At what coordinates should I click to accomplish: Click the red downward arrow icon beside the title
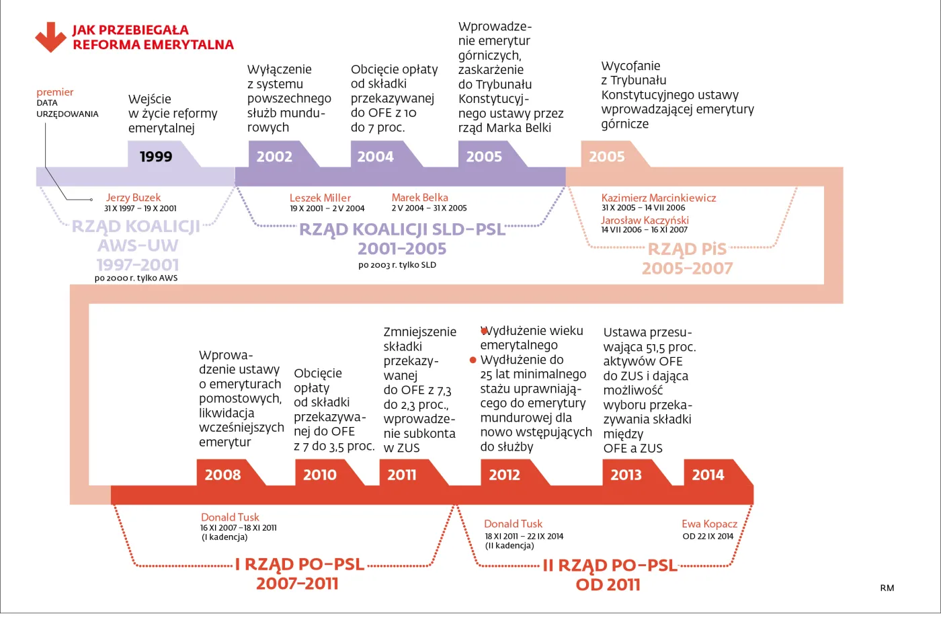pos(50,37)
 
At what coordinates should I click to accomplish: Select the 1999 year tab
pos(157,156)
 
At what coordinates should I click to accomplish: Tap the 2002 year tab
pos(275,156)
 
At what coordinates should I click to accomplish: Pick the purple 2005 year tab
pos(485,156)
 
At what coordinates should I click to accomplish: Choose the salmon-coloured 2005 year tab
pos(607,156)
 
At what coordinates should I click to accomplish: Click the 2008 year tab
pos(223,475)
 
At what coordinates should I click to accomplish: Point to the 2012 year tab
pos(505,475)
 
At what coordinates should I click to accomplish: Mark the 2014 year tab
pos(708,475)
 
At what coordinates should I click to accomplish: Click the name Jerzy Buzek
pos(133,198)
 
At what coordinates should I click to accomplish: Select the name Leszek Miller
pos(320,198)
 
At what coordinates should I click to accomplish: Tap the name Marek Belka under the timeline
pos(420,198)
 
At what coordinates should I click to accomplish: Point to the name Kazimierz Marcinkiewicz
pos(659,198)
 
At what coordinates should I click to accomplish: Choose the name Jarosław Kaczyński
pos(645,220)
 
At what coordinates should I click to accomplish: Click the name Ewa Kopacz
pos(709,524)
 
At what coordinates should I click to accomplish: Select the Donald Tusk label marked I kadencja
pos(230,517)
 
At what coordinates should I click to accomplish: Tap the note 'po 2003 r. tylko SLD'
pos(397,265)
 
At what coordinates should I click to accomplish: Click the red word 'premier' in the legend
pos(55,92)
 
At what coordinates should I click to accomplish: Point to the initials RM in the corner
pos(887,588)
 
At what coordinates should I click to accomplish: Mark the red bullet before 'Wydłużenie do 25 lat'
pos(473,360)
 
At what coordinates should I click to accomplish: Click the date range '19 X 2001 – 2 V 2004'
pos(327,208)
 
